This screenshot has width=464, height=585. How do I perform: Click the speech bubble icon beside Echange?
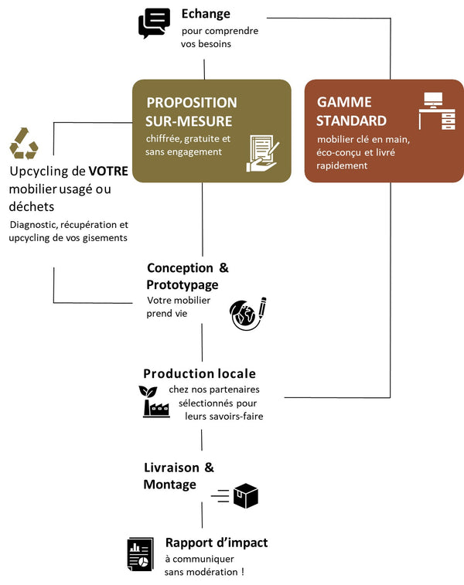pyautogui.click(x=154, y=23)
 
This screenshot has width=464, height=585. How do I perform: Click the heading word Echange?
pyautogui.click(x=206, y=14)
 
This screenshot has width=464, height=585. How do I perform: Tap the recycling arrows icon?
pyautogui.click(x=23, y=144)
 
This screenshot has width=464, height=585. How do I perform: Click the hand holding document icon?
pyautogui.click(x=261, y=153)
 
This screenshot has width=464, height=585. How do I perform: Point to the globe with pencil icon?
pyautogui.click(x=248, y=313)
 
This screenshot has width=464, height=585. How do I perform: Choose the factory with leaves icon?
pyautogui.click(x=155, y=401)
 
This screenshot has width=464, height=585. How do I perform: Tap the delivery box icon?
pyautogui.click(x=245, y=495)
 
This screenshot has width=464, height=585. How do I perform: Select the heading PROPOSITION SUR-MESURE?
pyautogui.click(x=192, y=111)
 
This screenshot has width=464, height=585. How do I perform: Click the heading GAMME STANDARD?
pyautogui.click(x=352, y=111)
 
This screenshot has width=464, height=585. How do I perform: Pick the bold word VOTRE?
pyautogui.click(x=108, y=171)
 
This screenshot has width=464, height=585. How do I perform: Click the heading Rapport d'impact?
pyautogui.click(x=217, y=542)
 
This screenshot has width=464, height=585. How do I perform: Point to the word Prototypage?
pyautogui.click(x=183, y=285)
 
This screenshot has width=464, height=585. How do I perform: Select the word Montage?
pyautogui.click(x=169, y=485)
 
